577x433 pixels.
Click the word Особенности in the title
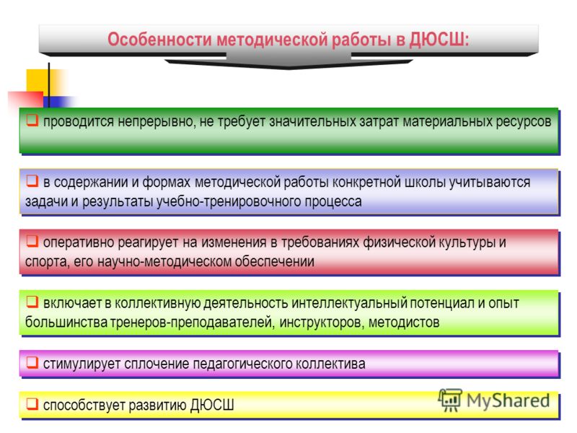pyautogui.click(x=160, y=40)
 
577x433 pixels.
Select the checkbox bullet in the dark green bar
pyautogui.click(x=32, y=120)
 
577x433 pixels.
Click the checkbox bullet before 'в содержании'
pyautogui.click(x=32, y=180)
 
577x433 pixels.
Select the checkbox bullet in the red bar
pyautogui.click(x=32, y=241)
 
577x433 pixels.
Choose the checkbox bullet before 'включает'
pyautogui.click(x=32, y=302)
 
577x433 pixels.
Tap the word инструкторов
pyautogui.click(x=322, y=323)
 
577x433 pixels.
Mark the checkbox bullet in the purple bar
pyautogui.click(x=32, y=362)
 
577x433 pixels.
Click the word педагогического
pyautogui.click(x=242, y=364)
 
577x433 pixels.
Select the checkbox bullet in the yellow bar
pyautogui.click(x=32, y=403)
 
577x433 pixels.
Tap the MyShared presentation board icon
pyautogui.click(x=450, y=400)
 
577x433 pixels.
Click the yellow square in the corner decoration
pyautogui.click(x=38, y=81)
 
